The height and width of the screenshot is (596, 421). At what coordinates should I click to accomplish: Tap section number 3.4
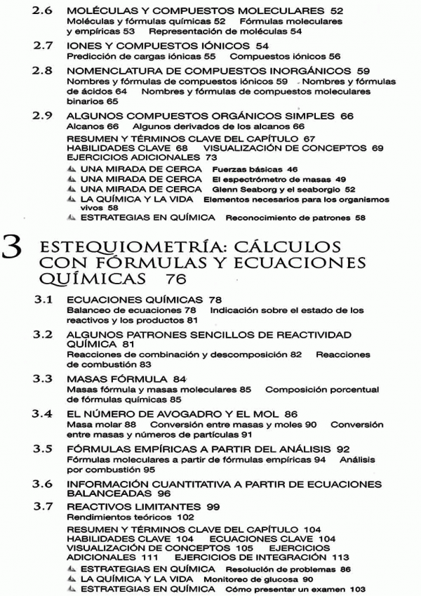click(46, 413)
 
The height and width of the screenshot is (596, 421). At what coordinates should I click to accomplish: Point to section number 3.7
click(46, 507)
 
